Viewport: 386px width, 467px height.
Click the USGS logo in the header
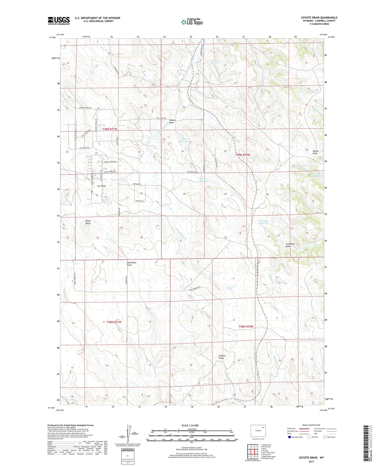point(59,21)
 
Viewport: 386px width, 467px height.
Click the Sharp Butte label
point(88,222)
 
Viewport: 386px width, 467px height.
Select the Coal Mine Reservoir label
point(264,222)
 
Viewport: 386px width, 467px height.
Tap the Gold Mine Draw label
point(131,264)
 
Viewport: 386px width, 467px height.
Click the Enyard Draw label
point(222,357)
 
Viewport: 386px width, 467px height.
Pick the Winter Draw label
point(315,152)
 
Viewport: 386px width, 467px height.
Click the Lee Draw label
point(101,186)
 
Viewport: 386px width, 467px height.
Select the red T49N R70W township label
point(243,155)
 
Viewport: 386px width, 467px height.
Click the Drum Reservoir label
point(204,180)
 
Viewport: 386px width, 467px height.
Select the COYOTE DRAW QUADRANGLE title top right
point(319,18)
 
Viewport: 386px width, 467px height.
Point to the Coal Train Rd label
point(162,118)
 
